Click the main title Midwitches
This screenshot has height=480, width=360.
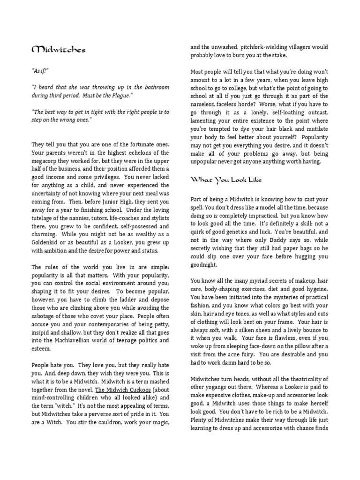click(x=58, y=50)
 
